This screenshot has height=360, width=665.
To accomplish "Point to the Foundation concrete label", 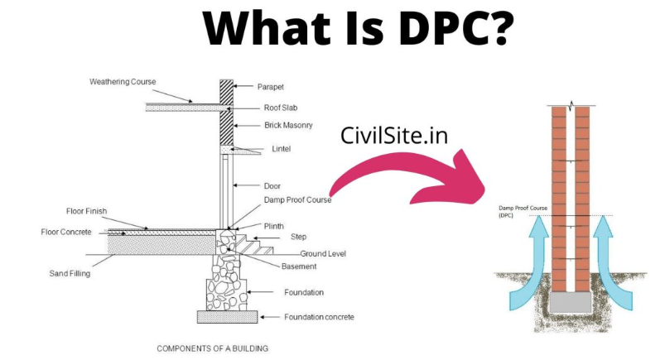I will coord(319,317).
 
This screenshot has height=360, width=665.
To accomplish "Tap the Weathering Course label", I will coord(123,81).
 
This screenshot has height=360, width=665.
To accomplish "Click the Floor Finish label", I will coord(86,211).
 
